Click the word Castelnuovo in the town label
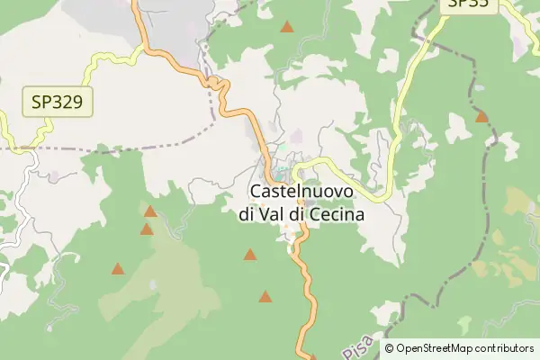(301, 192)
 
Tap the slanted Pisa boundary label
(355, 342)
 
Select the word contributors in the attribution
(505, 348)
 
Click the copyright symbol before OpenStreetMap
(389, 348)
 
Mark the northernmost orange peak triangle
(286, 27)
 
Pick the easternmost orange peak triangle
(481, 116)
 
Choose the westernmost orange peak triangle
(117, 268)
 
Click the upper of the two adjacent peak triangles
(150, 211)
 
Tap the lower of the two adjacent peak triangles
(147, 229)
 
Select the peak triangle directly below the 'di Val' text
(249, 255)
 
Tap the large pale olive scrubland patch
(171, 288)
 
